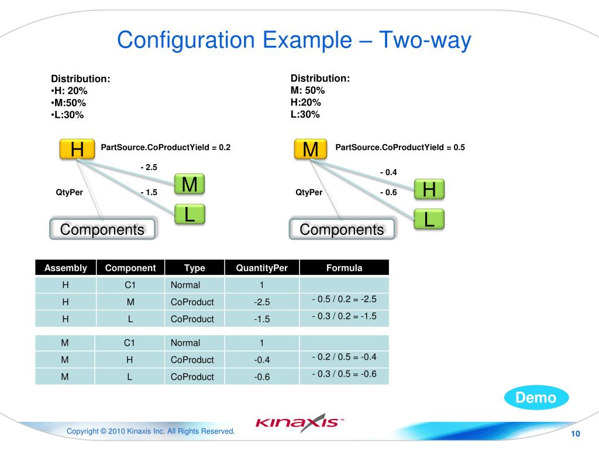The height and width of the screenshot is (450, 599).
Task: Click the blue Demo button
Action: tap(536, 398)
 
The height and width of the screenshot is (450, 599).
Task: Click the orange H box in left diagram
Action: tap(77, 150)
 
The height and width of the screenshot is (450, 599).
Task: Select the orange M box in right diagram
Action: tap(311, 150)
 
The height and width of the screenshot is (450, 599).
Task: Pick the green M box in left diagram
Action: tap(190, 185)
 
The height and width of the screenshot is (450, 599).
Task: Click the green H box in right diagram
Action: tap(429, 189)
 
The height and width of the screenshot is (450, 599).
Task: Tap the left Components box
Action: tap(102, 230)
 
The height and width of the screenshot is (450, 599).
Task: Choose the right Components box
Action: tap(342, 230)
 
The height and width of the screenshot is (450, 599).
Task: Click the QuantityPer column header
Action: tap(262, 268)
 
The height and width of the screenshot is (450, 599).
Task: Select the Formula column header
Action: tap(344, 268)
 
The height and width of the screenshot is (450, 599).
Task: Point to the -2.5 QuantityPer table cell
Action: tap(262, 302)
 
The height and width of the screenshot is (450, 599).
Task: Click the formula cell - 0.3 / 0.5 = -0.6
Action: tap(344, 374)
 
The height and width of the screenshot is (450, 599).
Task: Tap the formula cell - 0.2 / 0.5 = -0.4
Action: tap(344, 357)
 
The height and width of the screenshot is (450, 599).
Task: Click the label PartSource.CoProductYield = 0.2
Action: tap(166, 148)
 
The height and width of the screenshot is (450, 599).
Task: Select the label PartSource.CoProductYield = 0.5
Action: tap(400, 148)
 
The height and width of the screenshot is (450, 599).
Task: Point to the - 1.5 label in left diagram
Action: tap(149, 192)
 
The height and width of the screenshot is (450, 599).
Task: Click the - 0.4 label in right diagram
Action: tap(388, 172)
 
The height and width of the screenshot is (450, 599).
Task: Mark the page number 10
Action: tap(575, 434)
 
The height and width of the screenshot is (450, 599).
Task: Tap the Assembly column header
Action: tap(66, 268)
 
